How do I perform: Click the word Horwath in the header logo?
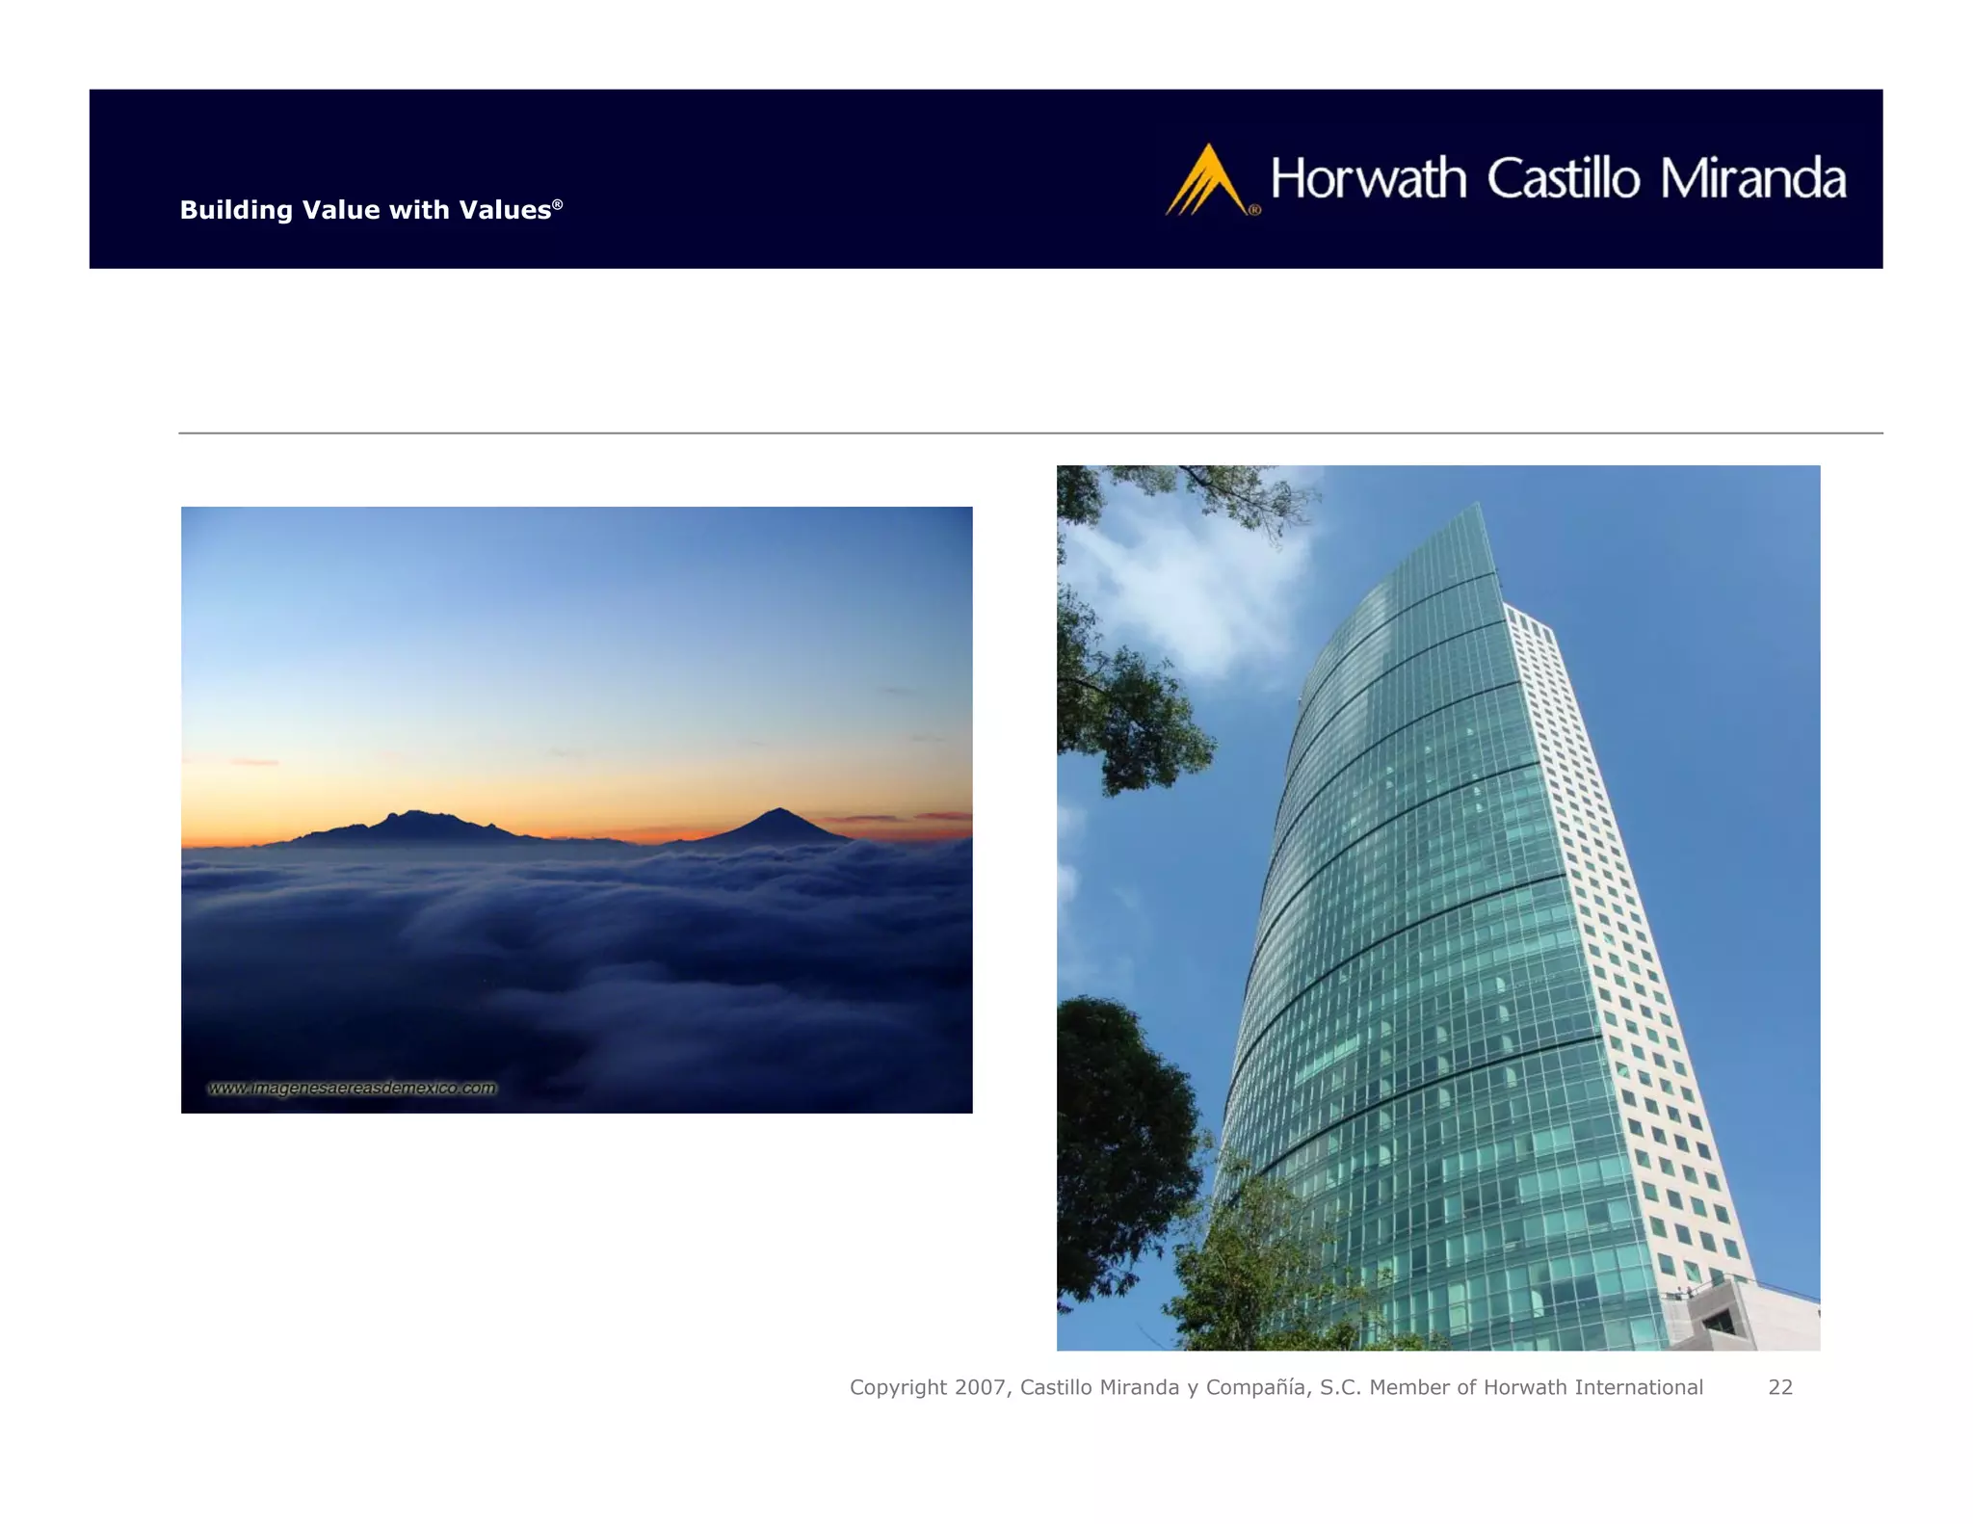click(x=1368, y=179)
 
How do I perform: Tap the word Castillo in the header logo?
click(x=1563, y=179)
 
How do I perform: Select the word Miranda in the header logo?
click(x=1752, y=179)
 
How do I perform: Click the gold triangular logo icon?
click(x=1205, y=181)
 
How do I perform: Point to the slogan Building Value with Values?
click(x=365, y=210)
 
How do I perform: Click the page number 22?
click(x=1780, y=1387)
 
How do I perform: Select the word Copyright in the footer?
click(x=898, y=1387)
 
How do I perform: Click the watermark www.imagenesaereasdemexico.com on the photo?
click(x=353, y=1088)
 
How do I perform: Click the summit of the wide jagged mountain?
click(x=414, y=814)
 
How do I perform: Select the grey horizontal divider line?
click(x=1030, y=434)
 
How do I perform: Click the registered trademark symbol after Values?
click(x=557, y=204)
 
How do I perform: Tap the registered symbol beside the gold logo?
click(x=1254, y=209)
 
